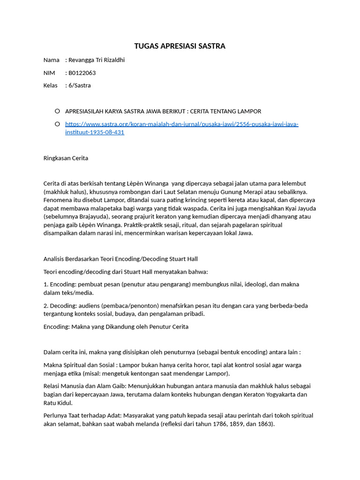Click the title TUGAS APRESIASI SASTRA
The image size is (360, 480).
pos(180,46)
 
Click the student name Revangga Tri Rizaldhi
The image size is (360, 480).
pos(97,60)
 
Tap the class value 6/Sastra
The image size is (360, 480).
pos(80,85)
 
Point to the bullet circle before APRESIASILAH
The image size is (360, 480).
pos(57,111)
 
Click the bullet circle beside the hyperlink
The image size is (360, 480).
pos(57,124)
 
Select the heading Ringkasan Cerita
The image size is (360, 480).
pos(66,158)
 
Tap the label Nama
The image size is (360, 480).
pos(51,60)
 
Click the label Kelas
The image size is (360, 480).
pos(51,85)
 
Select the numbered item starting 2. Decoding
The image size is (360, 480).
pos(175,310)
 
